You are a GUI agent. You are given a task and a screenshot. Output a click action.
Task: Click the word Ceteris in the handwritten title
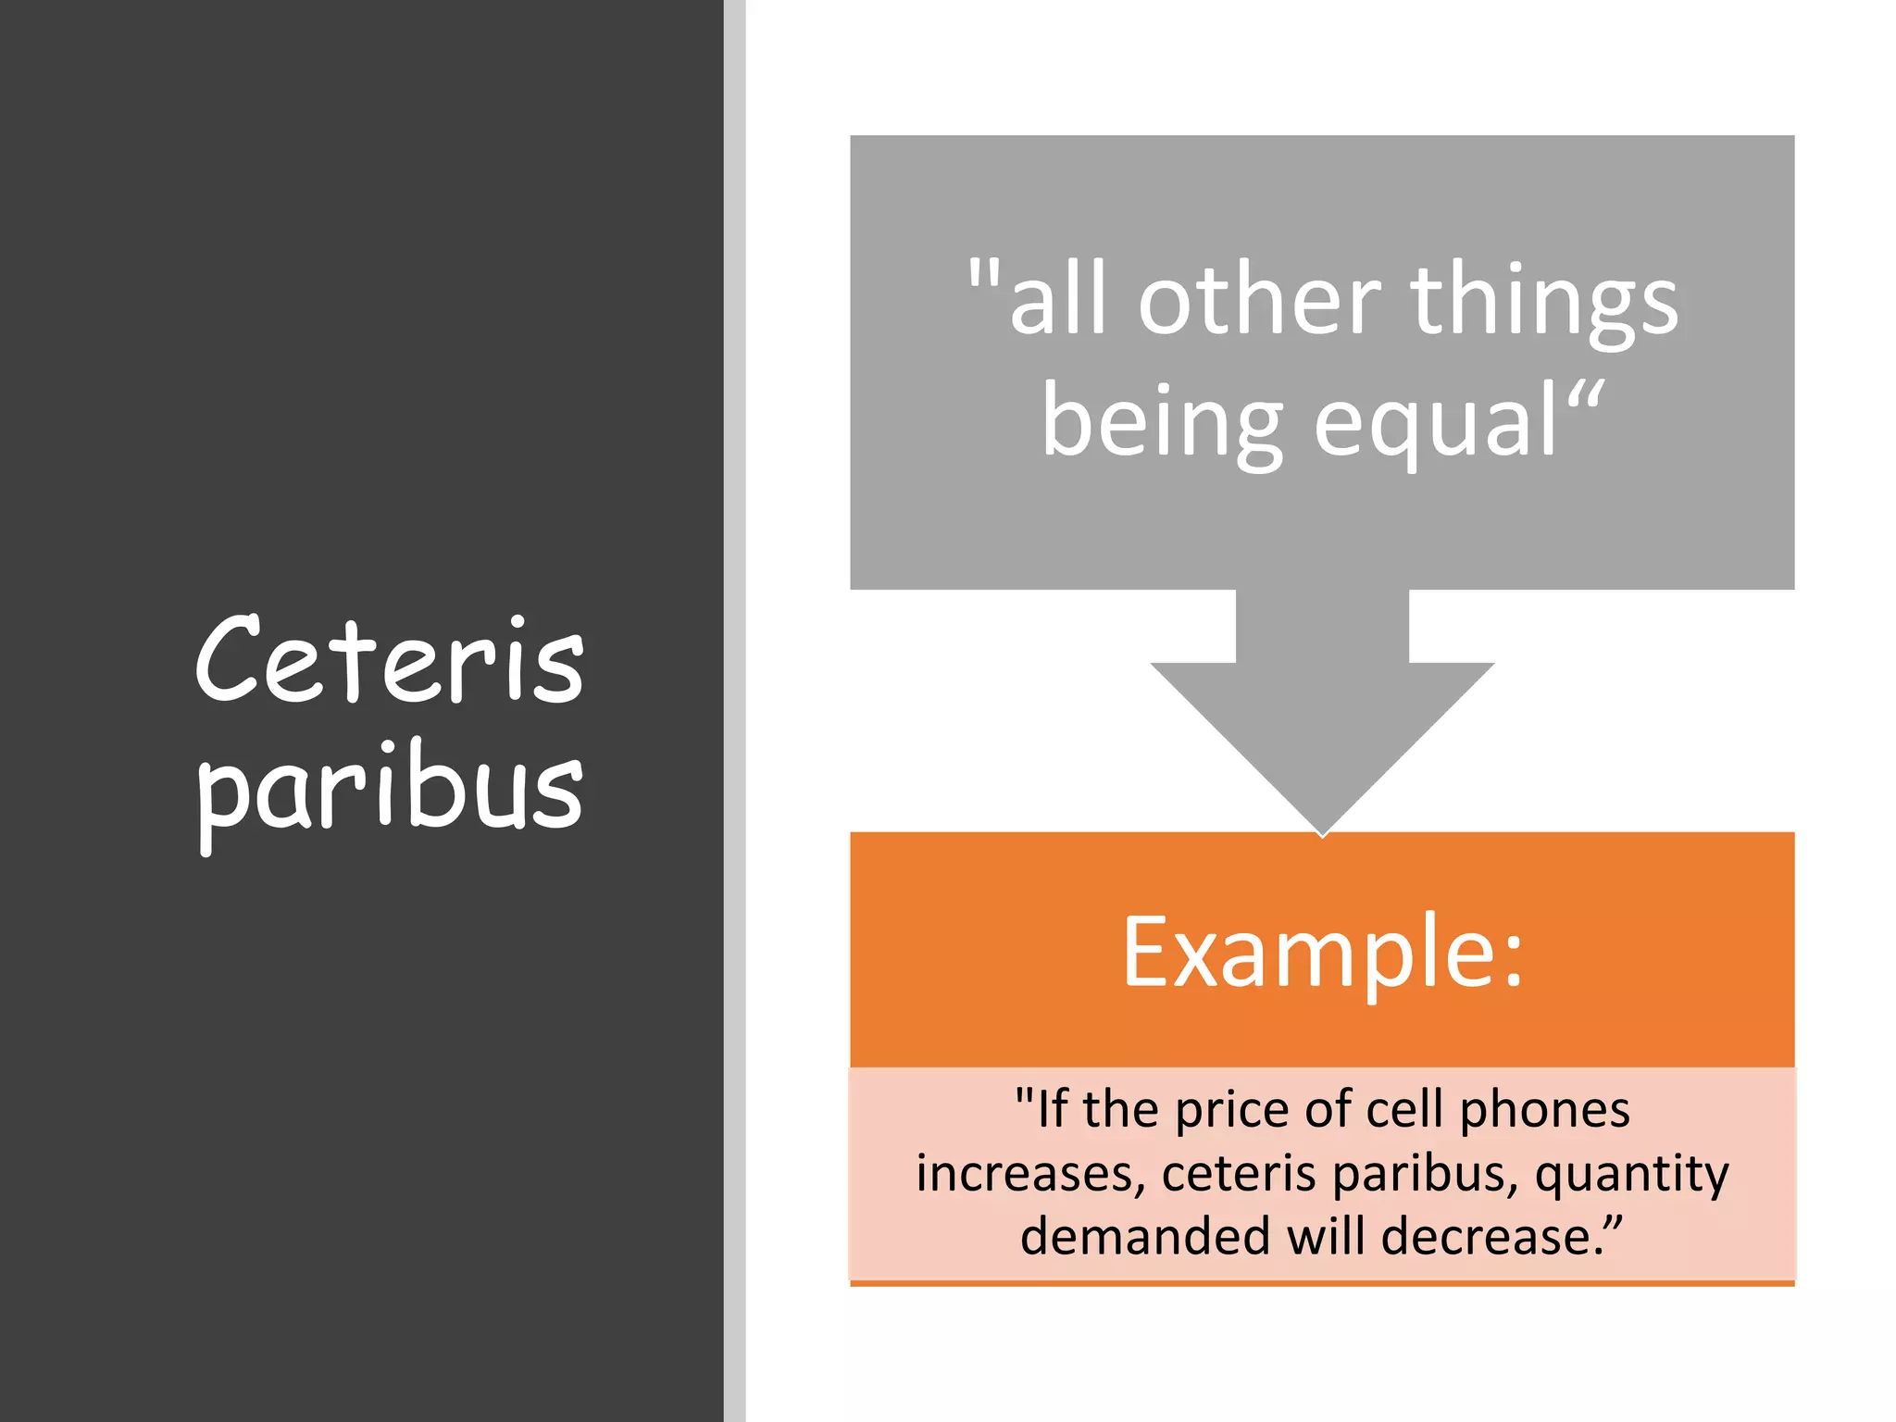[x=390, y=659]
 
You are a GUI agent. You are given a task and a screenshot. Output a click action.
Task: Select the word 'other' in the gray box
[x=1259, y=300]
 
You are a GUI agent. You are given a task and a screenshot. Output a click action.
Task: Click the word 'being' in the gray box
[x=1162, y=424]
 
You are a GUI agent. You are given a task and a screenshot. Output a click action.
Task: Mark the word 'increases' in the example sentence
[x=1024, y=1174]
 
